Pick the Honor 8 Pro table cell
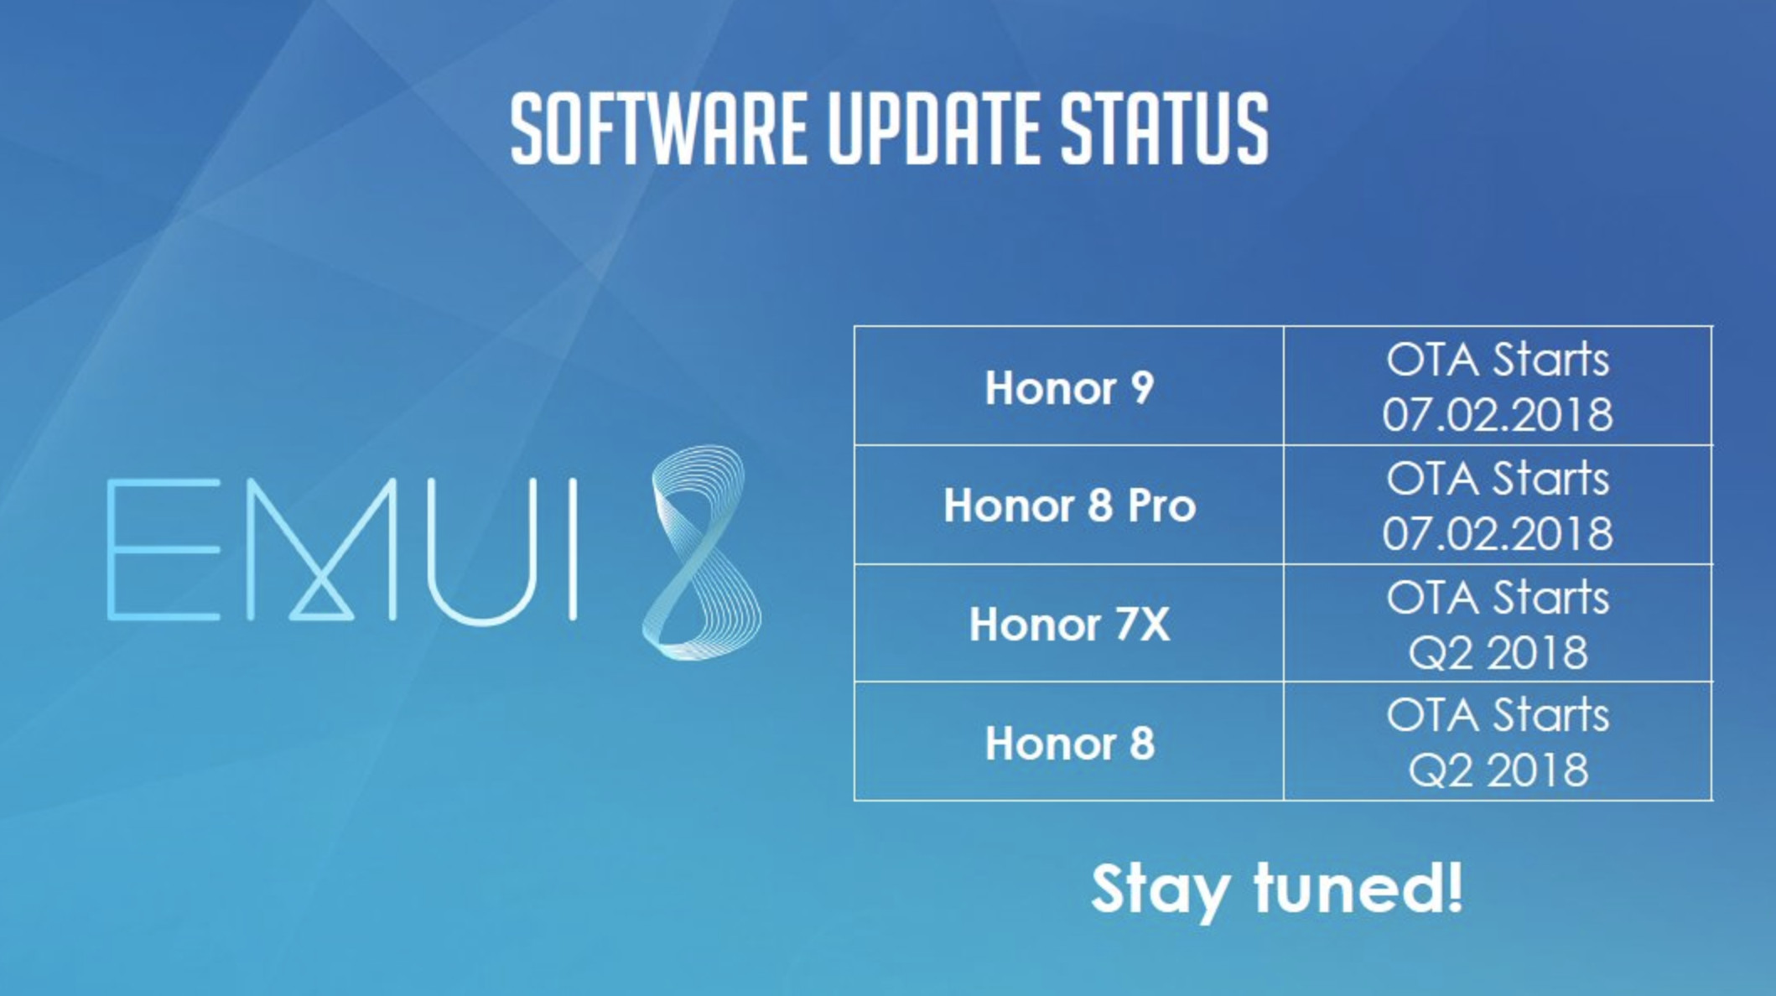click(x=1069, y=506)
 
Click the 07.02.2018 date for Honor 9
click(x=1498, y=415)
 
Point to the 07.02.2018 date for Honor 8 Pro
click(x=1498, y=534)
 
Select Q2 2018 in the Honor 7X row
click(x=1498, y=653)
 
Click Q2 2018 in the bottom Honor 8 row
click(x=1498, y=770)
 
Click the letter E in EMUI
click(x=164, y=550)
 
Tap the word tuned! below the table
click(x=1359, y=887)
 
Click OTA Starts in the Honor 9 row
click(x=1498, y=360)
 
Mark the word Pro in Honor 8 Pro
click(x=1161, y=506)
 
